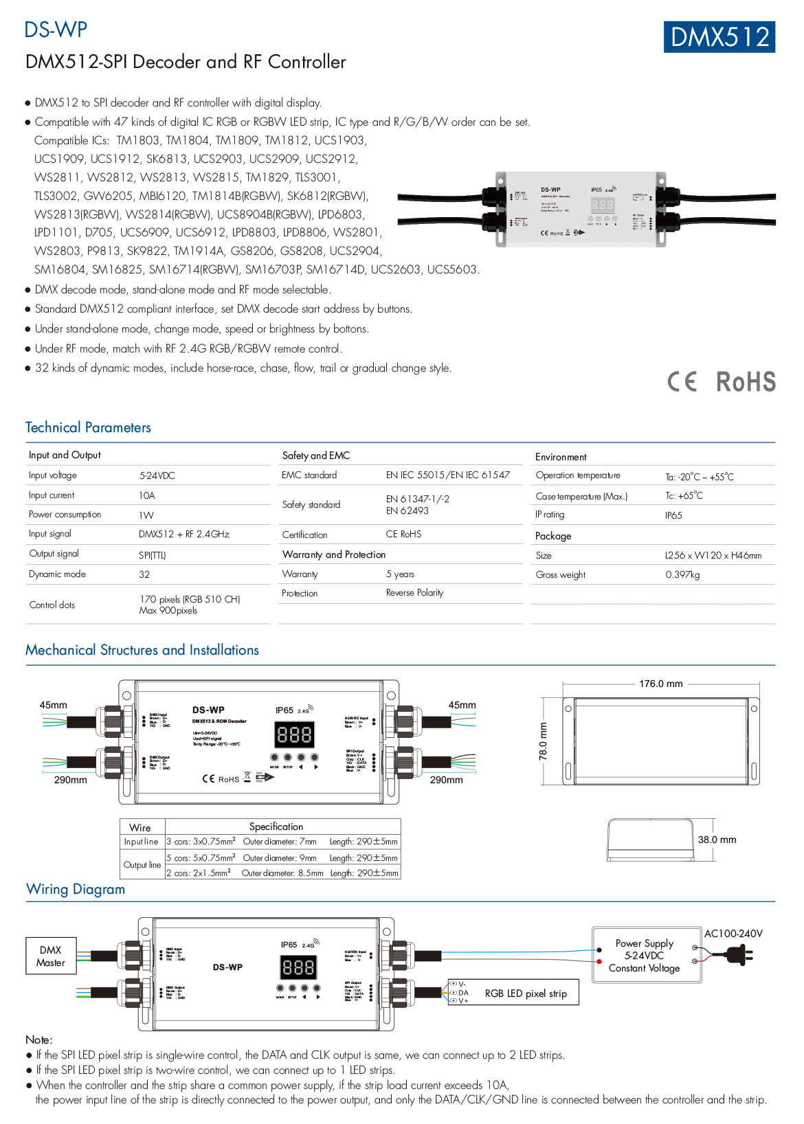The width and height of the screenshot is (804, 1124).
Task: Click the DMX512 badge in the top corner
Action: (x=719, y=37)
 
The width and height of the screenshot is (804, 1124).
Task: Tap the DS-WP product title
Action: (x=56, y=30)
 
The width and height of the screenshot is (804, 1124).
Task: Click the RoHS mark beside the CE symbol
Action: (x=746, y=382)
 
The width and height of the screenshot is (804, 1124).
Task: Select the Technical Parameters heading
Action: (x=88, y=427)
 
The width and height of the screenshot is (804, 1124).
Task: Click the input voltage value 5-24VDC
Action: (x=157, y=475)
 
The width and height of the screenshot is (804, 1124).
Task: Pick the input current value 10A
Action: (x=147, y=495)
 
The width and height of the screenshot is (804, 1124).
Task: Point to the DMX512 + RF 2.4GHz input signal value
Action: (x=183, y=534)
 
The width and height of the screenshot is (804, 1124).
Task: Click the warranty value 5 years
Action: (x=400, y=574)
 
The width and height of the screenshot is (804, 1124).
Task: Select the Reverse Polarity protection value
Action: (x=414, y=593)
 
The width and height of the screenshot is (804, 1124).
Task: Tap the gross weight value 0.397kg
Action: (x=682, y=574)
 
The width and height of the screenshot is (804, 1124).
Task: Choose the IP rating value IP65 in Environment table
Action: (x=673, y=515)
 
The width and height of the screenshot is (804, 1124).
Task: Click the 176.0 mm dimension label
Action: (x=660, y=684)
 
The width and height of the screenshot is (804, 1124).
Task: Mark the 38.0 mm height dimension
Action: (x=717, y=840)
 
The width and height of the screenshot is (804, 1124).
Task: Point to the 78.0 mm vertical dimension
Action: (x=544, y=741)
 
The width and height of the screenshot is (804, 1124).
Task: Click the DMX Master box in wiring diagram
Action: (x=51, y=956)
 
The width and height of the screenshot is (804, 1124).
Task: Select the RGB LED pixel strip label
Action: (x=526, y=993)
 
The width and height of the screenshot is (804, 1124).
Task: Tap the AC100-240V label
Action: (x=733, y=934)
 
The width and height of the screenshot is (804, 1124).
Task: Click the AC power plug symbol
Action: (x=739, y=954)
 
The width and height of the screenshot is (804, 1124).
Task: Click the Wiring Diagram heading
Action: (x=76, y=889)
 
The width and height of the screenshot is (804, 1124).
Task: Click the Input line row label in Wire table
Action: (x=142, y=842)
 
